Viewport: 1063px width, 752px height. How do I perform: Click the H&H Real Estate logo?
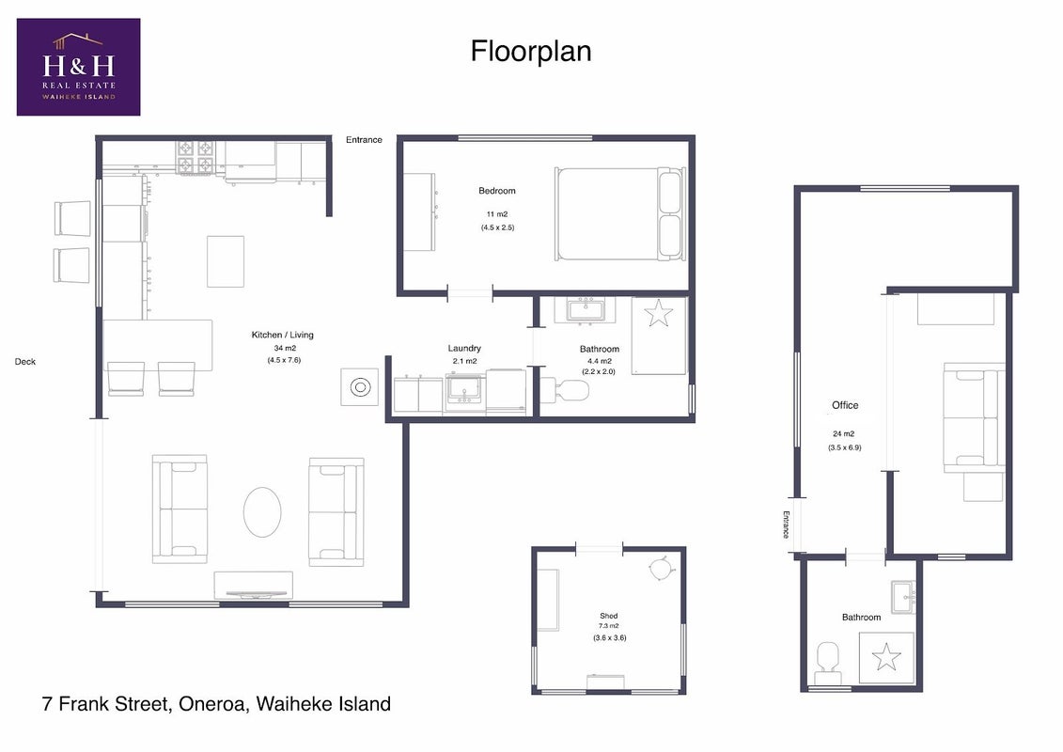(x=79, y=67)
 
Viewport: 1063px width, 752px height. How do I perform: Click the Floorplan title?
(x=531, y=52)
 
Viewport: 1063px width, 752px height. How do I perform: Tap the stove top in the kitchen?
(x=195, y=157)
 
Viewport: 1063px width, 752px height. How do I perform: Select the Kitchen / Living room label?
(x=283, y=335)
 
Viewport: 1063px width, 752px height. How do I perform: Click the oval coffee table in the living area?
(x=262, y=512)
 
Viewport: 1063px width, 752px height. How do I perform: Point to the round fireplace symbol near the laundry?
(x=359, y=387)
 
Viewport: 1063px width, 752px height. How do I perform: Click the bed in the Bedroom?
(x=620, y=214)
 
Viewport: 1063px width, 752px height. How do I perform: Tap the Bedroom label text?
(x=497, y=191)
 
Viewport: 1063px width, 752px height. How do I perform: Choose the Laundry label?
(x=464, y=348)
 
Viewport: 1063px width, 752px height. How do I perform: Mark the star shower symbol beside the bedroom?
(x=658, y=314)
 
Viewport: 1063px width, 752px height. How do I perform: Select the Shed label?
(x=609, y=616)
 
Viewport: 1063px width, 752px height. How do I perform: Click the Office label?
(x=845, y=405)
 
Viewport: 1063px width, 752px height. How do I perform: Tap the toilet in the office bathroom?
(x=828, y=664)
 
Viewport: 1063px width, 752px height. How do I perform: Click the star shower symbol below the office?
(x=886, y=657)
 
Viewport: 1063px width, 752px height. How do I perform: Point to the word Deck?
(x=25, y=361)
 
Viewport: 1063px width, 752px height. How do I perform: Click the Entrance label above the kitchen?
(x=364, y=140)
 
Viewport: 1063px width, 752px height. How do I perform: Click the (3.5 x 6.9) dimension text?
(x=845, y=447)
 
